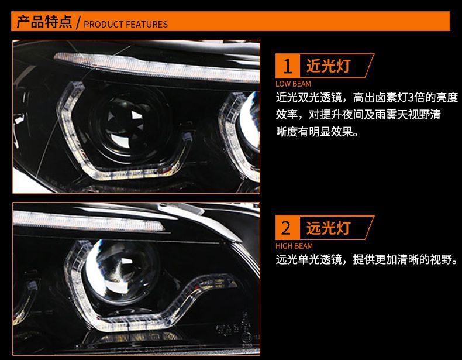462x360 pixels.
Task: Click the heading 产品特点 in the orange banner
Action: tap(44, 22)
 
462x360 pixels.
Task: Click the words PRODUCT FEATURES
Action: tap(126, 24)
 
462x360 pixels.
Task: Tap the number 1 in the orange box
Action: tap(287, 66)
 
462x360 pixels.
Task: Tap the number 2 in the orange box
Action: tap(286, 228)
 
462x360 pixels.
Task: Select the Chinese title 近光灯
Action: tap(328, 66)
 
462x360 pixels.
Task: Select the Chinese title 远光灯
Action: tap(328, 228)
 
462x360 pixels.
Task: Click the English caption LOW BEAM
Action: tap(293, 84)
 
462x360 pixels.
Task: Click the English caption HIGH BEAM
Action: tap(294, 246)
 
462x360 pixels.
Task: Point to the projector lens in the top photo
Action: tap(127, 124)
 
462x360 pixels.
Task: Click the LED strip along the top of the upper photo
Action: tap(156, 67)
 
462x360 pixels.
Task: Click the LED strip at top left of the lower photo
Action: tap(88, 221)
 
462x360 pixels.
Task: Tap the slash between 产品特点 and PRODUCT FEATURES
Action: tap(78, 22)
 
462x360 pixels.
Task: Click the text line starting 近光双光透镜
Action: tap(367, 98)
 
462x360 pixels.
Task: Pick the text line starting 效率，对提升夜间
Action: tap(358, 115)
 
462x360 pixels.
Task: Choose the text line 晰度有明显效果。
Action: tap(318, 132)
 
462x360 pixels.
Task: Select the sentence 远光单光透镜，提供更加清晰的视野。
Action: tap(367, 260)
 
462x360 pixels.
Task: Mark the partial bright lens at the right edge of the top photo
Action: tap(250, 121)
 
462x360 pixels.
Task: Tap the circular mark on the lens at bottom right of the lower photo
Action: tap(246, 337)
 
